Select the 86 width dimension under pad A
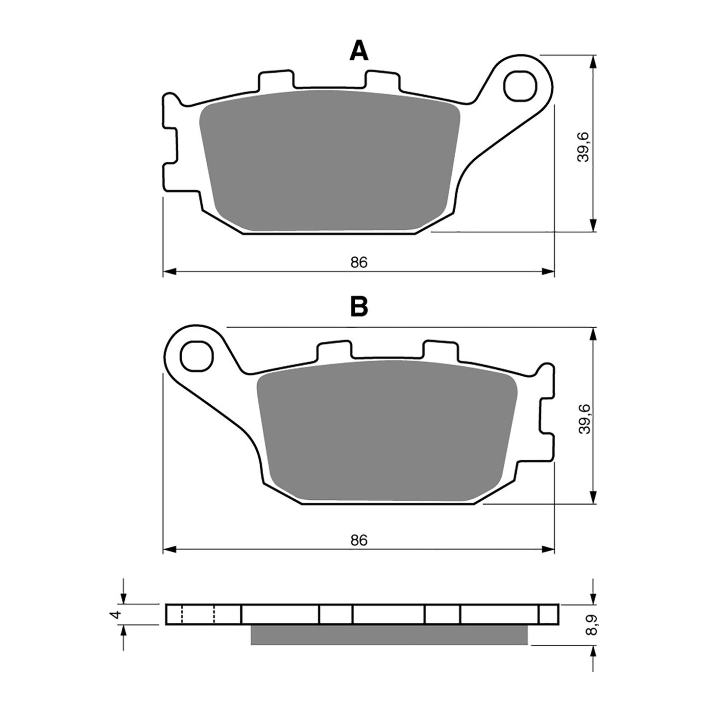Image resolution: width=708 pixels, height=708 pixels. pyautogui.click(x=359, y=263)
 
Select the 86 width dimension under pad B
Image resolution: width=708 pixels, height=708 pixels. pyautogui.click(x=359, y=540)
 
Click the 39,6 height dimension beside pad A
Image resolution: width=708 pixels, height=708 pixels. pyautogui.click(x=583, y=146)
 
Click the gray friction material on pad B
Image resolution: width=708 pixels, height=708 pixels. pyautogui.click(x=387, y=430)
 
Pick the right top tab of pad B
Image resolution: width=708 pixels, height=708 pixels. pyautogui.click(x=440, y=350)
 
